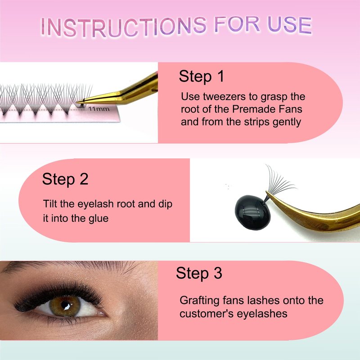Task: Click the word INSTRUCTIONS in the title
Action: tap(123, 27)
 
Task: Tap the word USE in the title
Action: tap(289, 25)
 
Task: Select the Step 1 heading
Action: tap(201, 76)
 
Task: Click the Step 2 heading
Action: tap(65, 179)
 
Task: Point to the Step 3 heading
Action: tap(199, 273)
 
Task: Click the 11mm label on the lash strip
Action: tap(99, 109)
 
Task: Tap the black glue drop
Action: tap(252, 212)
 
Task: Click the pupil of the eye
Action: tap(65, 306)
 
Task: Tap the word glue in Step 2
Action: tap(99, 218)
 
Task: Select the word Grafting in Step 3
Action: tap(199, 301)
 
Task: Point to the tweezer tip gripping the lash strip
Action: tap(78, 102)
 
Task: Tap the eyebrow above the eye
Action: tap(73, 267)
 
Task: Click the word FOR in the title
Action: tap(237, 24)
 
